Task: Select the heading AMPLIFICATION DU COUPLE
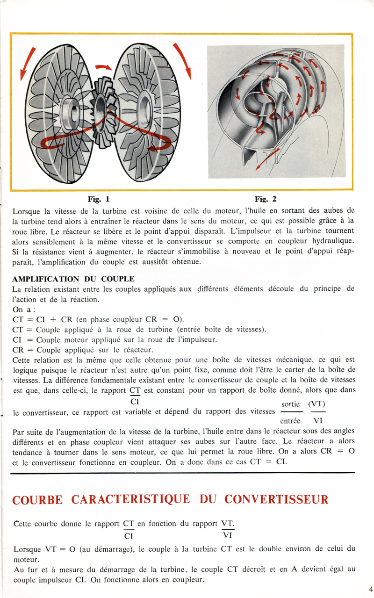[x=73, y=279]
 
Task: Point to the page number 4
[x=370, y=589]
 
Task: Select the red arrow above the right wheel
[x=183, y=59]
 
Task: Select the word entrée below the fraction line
[x=290, y=420]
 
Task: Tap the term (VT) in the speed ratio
[x=317, y=404]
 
